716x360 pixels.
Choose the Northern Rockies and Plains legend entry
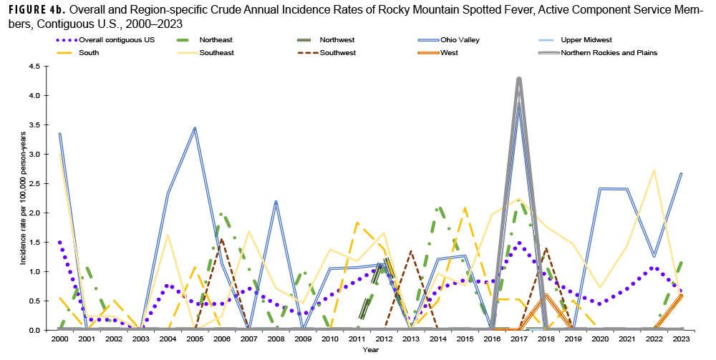pyautogui.click(x=609, y=52)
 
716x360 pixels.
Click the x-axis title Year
pyautogui.click(x=370, y=350)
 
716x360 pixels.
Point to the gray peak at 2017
pyautogui.click(x=519, y=79)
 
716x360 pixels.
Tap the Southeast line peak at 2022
pyautogui.click(x=654, y=170)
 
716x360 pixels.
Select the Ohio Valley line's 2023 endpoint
pyautogui.click(x=680, y=173)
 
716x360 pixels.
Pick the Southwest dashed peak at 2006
pyautogui.click(x=222, y=240)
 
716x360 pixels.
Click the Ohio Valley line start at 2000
pyautogui.click(x=60, y=134)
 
